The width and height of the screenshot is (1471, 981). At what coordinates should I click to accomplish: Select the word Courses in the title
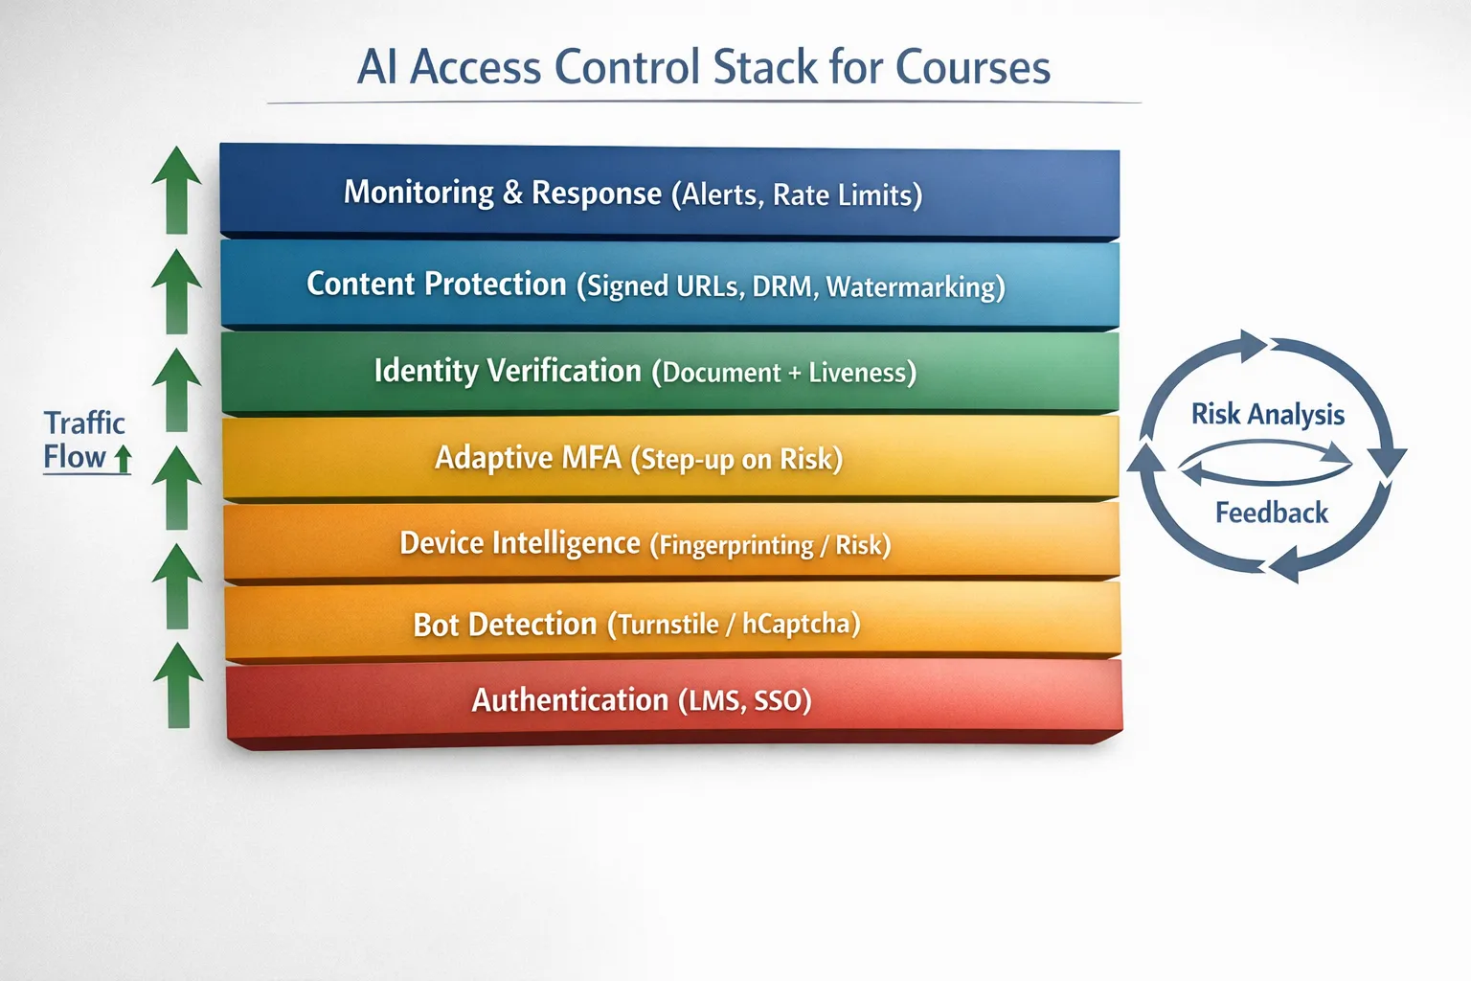973,67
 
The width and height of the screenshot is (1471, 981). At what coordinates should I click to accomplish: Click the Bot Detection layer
673,622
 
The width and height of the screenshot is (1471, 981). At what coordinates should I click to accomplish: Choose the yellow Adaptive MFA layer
671,458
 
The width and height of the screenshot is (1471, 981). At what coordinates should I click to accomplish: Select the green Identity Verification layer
670,373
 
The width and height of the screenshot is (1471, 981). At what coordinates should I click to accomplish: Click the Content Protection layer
669,285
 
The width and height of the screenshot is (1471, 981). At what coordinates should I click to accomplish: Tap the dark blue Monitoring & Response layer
669,192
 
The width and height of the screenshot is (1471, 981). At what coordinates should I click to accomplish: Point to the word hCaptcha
797,624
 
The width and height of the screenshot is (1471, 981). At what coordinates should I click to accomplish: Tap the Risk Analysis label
1268,415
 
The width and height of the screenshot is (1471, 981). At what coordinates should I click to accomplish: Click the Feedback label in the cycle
1272,513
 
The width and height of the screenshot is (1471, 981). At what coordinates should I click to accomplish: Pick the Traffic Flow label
85,441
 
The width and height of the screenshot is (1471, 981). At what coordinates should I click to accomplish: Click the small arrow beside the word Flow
123,459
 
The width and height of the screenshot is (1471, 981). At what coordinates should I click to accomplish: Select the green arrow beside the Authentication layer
178,685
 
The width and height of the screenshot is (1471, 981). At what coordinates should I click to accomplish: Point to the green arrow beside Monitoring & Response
176,190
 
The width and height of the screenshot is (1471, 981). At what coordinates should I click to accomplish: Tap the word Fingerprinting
736,545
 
